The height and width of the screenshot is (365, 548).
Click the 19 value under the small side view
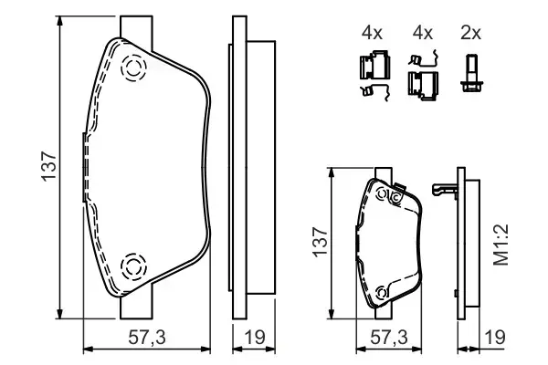click(x=493, y=338)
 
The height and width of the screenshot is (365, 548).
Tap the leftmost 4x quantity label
click(x=372, y=33)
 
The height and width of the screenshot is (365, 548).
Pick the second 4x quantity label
click(x=423, y=33)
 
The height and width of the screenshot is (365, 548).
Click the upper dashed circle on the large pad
click(x=132, y=68)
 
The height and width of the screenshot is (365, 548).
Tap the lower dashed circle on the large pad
click(x=132, y=266)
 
